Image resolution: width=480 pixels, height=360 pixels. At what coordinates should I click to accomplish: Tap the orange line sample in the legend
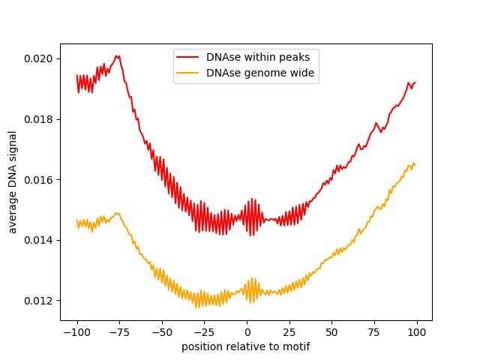187,73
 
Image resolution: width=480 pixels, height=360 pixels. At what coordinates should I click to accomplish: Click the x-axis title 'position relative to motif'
246,346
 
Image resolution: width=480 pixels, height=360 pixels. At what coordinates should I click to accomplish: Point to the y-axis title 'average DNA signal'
13,181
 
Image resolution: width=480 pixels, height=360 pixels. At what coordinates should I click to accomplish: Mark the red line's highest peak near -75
116,55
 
